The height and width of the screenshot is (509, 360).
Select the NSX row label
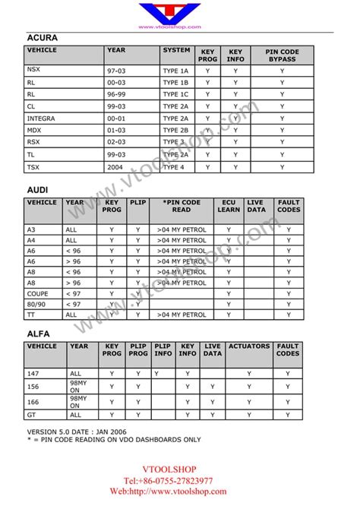tap(35, 70)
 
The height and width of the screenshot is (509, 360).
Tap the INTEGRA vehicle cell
tap(41, 119)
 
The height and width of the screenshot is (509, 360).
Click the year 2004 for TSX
tap(115, 167)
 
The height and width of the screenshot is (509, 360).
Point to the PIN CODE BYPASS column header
tap(282, 55)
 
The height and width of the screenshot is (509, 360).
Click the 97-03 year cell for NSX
tap(117, 70)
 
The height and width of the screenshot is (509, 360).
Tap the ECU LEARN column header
tap(229, 207)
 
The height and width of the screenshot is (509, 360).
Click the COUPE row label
tap(38, 292)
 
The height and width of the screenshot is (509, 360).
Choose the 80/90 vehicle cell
tap(36, 303)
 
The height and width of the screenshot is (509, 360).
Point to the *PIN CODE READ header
tap(182, 207)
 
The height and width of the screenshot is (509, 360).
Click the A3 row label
tap(32, 229)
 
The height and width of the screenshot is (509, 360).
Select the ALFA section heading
tap(39, 332)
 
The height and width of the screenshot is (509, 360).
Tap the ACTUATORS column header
tap(248, 346)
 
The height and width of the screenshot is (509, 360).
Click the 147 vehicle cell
tap(33, 373)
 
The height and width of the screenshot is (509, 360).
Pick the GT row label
tap(31, 415)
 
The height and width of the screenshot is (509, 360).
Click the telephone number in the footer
tap(179, 481)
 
